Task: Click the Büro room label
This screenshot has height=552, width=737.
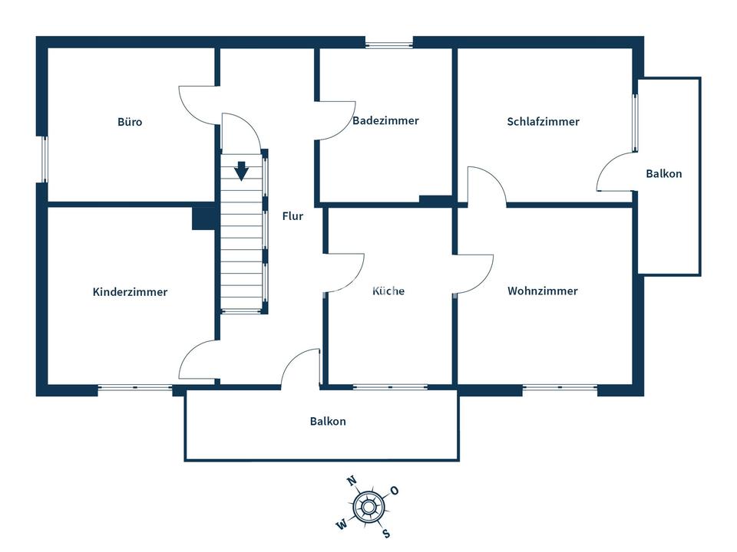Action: click(130, 122)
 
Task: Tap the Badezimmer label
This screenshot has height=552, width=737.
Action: click(385, 120)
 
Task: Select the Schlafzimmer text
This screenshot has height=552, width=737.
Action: click(543, 122)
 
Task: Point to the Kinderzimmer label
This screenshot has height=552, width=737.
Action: click(130, 292)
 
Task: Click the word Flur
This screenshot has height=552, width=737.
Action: click(292, 216)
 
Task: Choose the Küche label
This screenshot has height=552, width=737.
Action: click(388, 291)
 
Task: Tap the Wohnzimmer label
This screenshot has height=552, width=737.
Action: click(542, 291)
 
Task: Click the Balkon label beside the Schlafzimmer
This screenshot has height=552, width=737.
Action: click(663, 174)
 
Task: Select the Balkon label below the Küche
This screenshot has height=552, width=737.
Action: click(328, 422)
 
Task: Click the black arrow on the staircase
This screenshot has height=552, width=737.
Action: click(242, 170)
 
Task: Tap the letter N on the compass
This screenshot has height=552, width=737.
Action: click(352, 481)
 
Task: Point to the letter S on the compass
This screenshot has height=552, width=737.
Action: click(387, 534)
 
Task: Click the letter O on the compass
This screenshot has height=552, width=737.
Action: click(395, 491)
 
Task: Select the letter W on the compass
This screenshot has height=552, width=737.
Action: click(342, 524)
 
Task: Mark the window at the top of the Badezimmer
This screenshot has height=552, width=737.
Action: click(389, 44)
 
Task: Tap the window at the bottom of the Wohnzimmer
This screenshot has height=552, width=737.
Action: click(560, 388)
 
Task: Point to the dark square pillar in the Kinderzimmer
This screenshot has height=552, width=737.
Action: click(203, 219)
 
